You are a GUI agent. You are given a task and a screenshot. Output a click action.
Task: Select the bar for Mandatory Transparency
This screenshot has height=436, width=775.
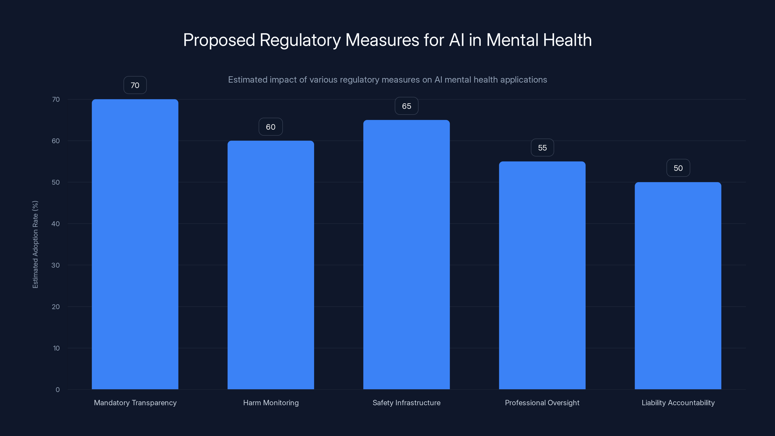[135, 244]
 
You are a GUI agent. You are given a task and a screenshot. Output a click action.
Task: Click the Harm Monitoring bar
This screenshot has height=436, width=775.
[271, 265]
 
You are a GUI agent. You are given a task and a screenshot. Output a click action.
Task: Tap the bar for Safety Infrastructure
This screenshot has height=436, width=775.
[406, 255]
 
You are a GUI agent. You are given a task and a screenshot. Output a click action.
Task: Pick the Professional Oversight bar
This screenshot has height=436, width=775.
[542, 275]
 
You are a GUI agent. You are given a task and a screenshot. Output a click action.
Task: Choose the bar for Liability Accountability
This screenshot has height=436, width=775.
[678, 286]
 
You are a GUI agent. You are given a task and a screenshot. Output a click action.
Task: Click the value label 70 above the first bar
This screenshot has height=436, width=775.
[135, 85]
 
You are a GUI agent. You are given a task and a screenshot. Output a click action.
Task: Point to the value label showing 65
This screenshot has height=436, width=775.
[406, 106]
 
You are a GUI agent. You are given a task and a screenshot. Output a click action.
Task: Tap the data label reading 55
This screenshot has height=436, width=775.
[542, 148]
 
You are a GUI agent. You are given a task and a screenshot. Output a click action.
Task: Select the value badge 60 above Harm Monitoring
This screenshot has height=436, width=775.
[271, 127]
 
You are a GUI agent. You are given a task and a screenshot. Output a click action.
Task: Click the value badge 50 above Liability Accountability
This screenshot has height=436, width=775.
[678, 168]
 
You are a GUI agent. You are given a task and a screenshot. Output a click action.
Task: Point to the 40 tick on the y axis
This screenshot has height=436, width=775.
[56, 224]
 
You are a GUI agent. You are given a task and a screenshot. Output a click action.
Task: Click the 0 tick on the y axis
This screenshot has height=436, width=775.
[57, 390]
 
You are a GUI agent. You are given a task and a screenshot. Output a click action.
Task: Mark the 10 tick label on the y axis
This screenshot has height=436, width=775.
[56, 348]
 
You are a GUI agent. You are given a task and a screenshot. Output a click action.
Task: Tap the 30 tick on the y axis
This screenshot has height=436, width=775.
[56, 265]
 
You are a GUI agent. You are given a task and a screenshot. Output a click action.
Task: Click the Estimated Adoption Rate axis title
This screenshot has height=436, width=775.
[35, 244]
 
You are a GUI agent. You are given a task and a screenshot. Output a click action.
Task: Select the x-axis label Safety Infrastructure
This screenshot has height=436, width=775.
[406, 403]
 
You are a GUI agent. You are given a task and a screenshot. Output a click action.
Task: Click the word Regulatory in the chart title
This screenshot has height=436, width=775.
[300, 40]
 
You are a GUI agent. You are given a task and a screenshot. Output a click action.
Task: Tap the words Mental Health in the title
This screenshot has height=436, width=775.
[539, 40]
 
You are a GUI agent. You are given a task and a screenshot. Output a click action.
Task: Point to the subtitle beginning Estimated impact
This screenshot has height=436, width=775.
[387, 80]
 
